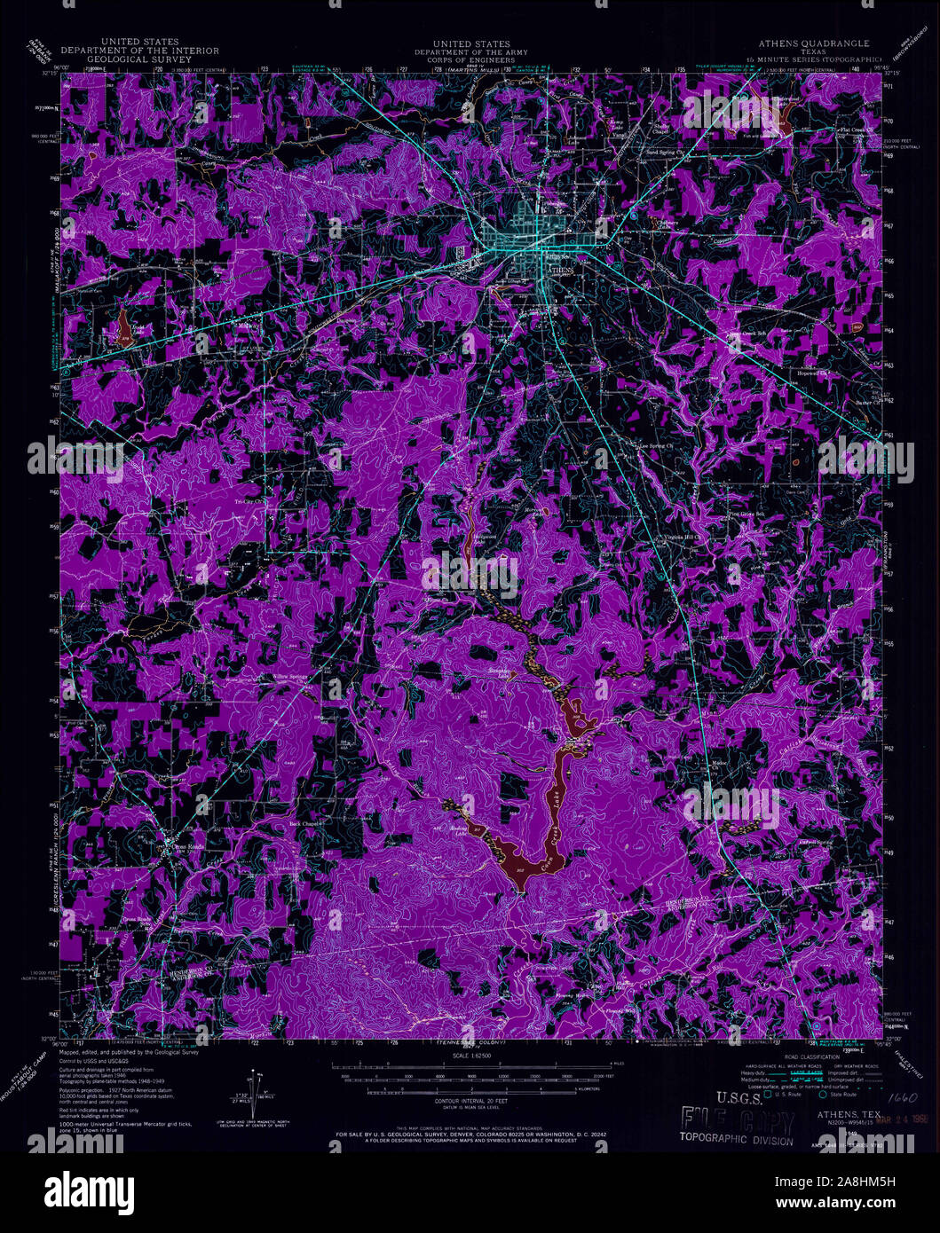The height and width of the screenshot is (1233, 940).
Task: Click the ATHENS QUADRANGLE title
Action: (813, 43)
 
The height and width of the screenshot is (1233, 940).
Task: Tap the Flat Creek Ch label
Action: (857, 130)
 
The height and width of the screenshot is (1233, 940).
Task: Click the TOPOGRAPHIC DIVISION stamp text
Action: (736, 1140)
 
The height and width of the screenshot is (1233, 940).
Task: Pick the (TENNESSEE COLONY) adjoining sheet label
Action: (471, 1043)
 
